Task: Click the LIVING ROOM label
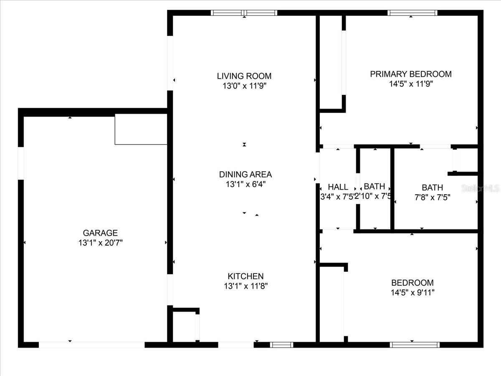244,76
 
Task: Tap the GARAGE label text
100,233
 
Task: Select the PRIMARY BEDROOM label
411,74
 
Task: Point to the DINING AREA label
245,174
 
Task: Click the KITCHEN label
245,276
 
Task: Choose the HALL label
338,187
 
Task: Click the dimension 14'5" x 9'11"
412,292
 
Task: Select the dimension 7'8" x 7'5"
432,198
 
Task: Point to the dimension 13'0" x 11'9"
244,86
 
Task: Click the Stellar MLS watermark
480,188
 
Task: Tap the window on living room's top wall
244,13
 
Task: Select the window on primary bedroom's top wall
412,13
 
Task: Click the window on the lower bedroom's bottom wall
415,345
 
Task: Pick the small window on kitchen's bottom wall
281,345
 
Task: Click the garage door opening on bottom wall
91,345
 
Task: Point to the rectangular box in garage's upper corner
141,129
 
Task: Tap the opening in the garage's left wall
21,163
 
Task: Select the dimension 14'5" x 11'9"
411,84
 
